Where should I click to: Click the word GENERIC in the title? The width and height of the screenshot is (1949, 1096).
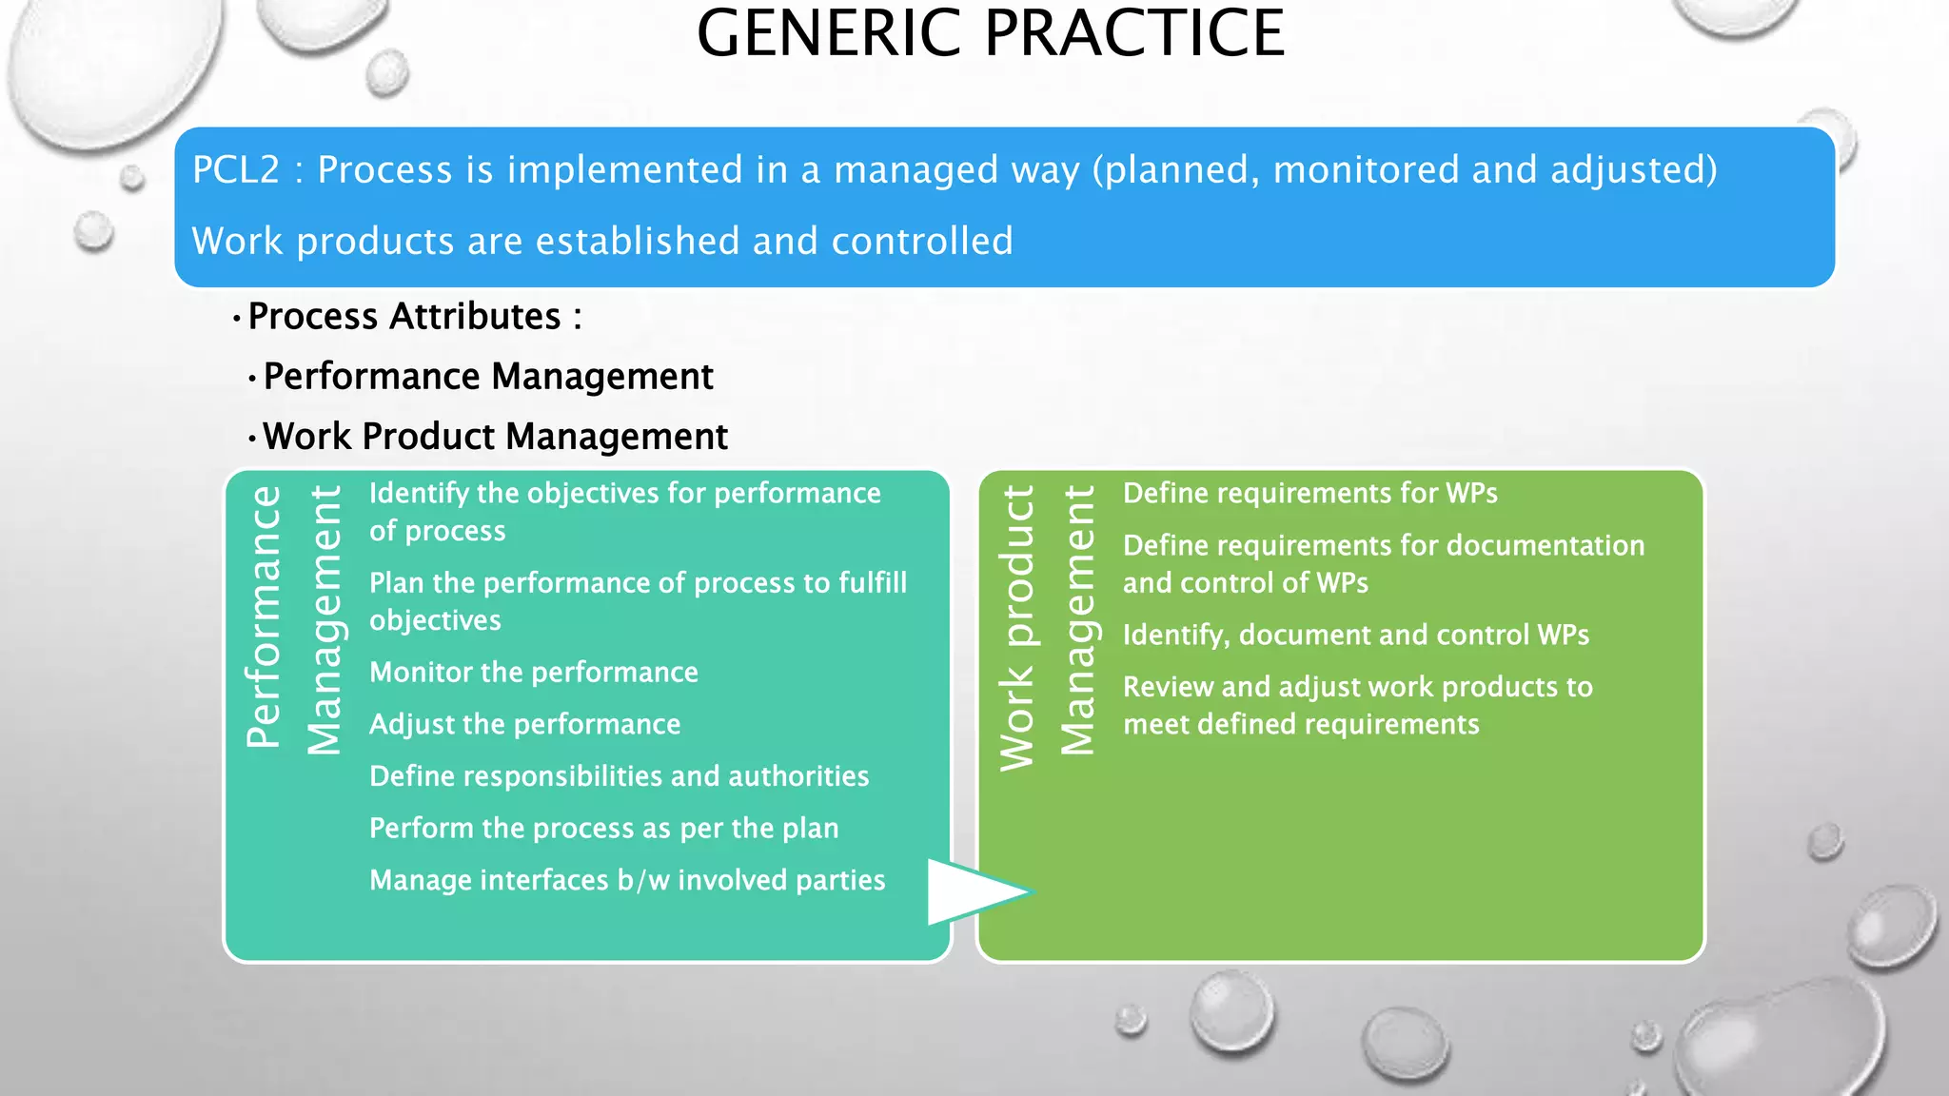pos(832,34)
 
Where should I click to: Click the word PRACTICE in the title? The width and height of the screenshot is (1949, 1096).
pos(1134,34)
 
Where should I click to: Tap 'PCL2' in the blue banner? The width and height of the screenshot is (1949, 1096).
pos(236,170)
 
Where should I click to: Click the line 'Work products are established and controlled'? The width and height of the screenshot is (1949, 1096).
pos(602,242)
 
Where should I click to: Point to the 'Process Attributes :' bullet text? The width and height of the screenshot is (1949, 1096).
pos(415,317)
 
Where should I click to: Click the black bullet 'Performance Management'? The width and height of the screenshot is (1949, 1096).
pos(488,377)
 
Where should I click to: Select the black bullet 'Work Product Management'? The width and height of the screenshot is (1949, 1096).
pos(495,437)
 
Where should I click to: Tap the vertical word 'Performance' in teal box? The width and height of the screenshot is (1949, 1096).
pos(264,616)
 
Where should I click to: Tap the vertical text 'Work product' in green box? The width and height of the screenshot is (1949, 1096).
pos(1016,628)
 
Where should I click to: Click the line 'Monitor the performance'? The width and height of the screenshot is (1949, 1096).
pos(534,673)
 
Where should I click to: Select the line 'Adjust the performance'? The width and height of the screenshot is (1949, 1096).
pos(525,725)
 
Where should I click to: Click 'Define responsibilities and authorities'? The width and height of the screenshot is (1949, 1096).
pos(620,776)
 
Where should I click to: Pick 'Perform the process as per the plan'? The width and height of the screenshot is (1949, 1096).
pos(604,829)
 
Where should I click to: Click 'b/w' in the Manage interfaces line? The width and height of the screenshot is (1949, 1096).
pos(643,881)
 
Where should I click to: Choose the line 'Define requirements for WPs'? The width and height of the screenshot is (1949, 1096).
pos(1310,494)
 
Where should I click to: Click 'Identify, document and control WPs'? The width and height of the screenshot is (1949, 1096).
pos(1356,636)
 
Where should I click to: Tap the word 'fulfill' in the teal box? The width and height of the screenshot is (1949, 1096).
pos(873,583)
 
